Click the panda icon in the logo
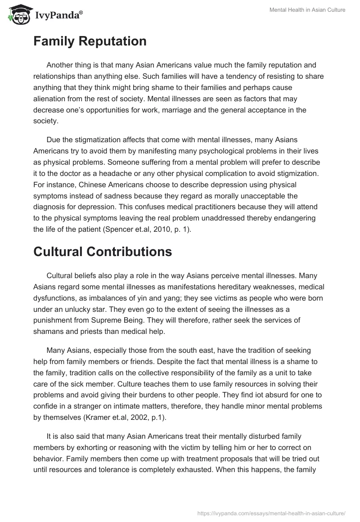pyautogui.click(x=17, y=14)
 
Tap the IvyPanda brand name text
pyautogui.click(x=57, y=15)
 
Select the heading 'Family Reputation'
pyautogui.click(x=90, y=41)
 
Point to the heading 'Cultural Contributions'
pyautogui.click(x=103, y=252)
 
